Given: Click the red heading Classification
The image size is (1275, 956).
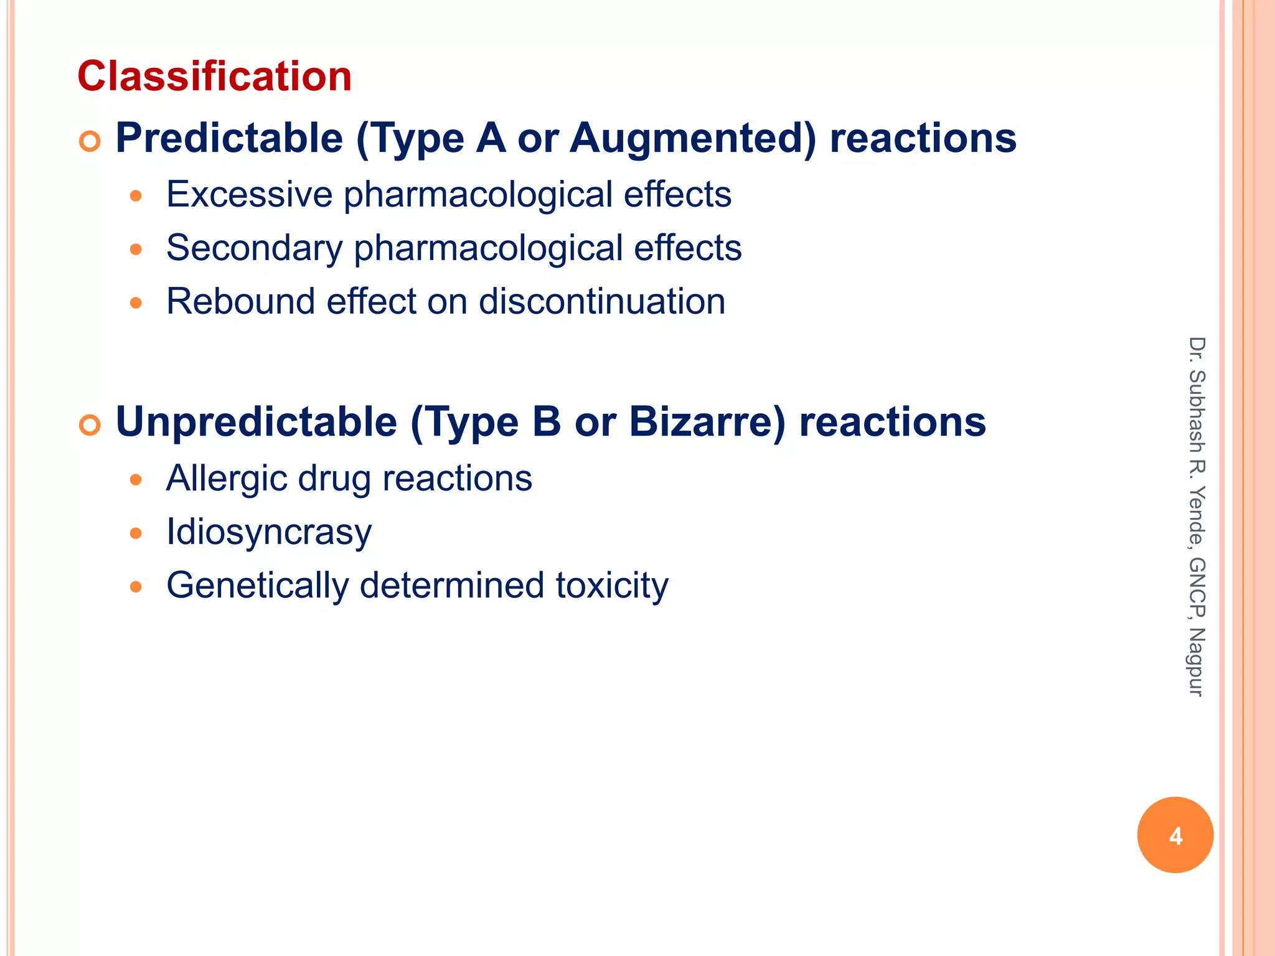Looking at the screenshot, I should [x=215, y=76].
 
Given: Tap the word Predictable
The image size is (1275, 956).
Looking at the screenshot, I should [x=229, y=138].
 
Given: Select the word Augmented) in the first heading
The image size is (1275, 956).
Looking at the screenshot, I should [x=692, y=138].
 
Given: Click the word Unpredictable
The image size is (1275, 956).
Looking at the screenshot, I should [x=256, y=422].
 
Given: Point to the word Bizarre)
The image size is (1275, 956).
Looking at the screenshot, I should [x=708, y=422].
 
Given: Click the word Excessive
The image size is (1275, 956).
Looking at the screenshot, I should [x=250, y=194].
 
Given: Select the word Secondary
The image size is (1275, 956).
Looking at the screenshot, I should [x=255, y=248].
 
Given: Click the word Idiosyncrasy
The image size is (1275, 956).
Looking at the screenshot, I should [x=269, y=533].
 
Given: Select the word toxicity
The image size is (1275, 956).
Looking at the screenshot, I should [x=612, y=586].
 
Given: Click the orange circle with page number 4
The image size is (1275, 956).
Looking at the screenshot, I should [x=1175, y=835].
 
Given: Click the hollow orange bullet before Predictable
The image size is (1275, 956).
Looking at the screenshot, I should [x=90, y=142].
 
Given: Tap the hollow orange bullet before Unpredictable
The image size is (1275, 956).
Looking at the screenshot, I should [x=90, y=426].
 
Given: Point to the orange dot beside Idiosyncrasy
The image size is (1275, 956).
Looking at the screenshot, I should [x=136, y=533].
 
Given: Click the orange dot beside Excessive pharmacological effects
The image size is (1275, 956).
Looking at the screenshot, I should [x=136, y=197].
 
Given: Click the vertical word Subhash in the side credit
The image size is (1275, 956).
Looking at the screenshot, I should [x=1196, y=411].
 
